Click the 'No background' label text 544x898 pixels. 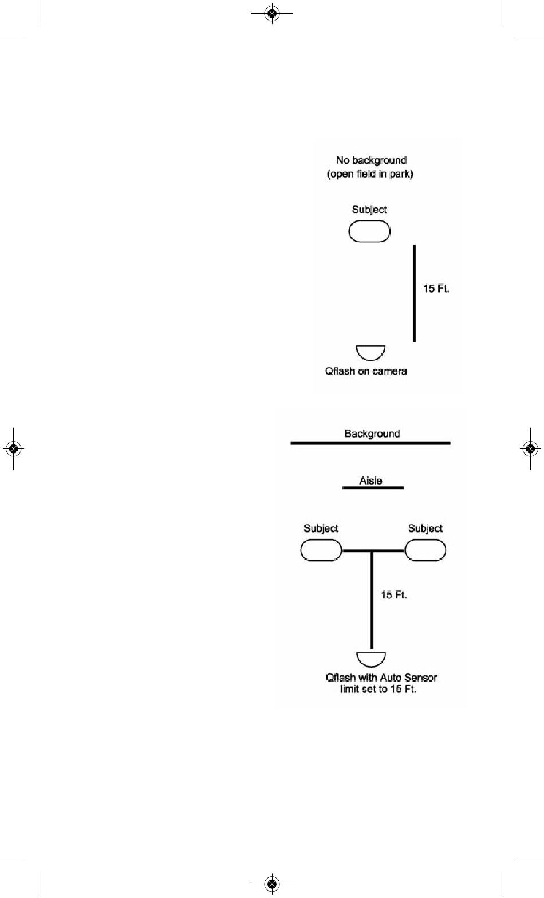[x=371, y=160]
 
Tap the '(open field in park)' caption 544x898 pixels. [x=370, y=174]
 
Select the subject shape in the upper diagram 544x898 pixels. [x=369, y=232]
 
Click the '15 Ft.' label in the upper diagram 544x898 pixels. [x=436, y=288]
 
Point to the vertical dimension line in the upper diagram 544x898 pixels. [x=414, y=293]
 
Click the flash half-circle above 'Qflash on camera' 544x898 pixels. [x=370, y=352]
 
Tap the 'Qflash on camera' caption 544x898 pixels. [x=366, y=371]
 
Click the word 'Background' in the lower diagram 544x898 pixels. [x=372, y=434]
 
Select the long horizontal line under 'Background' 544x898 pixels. [x=370, y=443]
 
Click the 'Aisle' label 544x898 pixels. [x=371, y=480]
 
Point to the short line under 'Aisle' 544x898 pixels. [x=373, y=488]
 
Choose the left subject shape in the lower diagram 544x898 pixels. [x=321, y=550]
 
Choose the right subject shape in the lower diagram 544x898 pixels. [x=425, y=550]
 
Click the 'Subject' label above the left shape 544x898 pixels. [x=321, y=529]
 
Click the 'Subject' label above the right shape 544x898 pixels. [x=425, y=529]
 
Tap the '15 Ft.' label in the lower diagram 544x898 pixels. [x=393, y=595]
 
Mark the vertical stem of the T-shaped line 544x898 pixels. [x=371, y=600]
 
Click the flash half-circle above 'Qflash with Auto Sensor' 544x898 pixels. [x=371, y=660]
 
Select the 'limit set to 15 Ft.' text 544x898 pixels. [x=378, y=689]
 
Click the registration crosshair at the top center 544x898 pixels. [x=272, y=14]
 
